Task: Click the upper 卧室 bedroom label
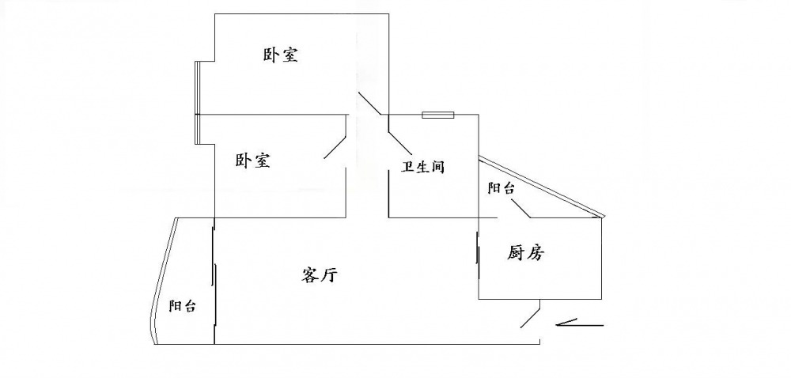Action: point(280,55)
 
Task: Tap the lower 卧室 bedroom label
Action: point(253,161)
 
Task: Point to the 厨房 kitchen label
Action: point(526,253)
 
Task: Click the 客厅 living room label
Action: point(320,275)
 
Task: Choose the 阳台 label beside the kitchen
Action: point(501,188)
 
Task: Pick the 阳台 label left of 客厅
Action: point(183,306)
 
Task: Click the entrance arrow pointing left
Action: point(580,323)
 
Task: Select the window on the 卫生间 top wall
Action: point(437,115)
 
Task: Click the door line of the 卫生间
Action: point(398,134)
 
